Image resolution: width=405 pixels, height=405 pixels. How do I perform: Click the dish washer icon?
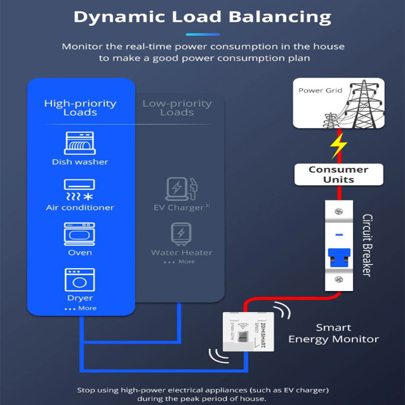pyautogui.click(x=79, y=143)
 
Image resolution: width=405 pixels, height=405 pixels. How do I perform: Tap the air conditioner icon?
pyautogui.click(x=79, y=190)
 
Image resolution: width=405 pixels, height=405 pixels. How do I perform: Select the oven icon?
pyautogui.click(x=79, y=234)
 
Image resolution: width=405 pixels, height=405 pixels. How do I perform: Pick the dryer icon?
pyautogui.click(x=80, y=280)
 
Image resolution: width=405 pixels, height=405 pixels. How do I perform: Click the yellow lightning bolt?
pyautogui.click(x=338, y=146)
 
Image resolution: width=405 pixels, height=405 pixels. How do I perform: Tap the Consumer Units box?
pyautogui.click(x=338, y=175)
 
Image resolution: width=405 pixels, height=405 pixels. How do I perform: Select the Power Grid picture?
pyautogui.click(x=338, y=103)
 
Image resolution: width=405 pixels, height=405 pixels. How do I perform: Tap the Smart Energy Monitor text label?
pyautogui.click(x=333, y=333)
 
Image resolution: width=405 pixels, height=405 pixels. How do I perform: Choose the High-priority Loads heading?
pyautogui.click(x=80, y=108)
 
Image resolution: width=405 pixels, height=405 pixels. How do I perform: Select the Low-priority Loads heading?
pyautogui.click(x=177, y=108)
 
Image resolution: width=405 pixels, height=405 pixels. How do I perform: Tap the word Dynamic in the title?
pyautogui.click(x=120, y=17)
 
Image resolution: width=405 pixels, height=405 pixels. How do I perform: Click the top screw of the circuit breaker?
pyautogui.click(x=339, y=211)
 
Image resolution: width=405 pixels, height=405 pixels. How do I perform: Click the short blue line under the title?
pyautogui.click(x=202, y=34)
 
